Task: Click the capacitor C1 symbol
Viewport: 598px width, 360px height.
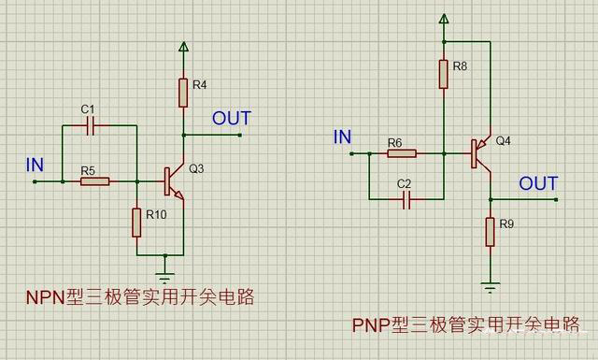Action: [90, 127]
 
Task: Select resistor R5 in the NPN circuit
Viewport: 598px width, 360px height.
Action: [94, 180]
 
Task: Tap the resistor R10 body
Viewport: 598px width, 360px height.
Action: [136, 222]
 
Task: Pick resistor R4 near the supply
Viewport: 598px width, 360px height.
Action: [183, 93]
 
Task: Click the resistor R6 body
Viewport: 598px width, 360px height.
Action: [401, 153]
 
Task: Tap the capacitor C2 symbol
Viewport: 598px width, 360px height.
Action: [406, 198]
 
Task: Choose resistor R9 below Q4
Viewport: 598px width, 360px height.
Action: [490, 232]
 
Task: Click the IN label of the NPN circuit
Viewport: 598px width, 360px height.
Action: [36, 165]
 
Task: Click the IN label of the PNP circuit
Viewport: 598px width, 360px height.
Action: [343, 137]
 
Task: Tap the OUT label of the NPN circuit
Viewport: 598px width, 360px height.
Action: [231, 119]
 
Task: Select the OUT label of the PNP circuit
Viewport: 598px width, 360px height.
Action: [538, 182]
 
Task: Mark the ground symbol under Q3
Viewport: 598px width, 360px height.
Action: [165, 277]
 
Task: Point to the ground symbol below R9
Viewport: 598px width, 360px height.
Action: [490, 285]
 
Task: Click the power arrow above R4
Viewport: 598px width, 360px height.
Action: [183, 49]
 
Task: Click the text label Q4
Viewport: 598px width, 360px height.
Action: [504, 141]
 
